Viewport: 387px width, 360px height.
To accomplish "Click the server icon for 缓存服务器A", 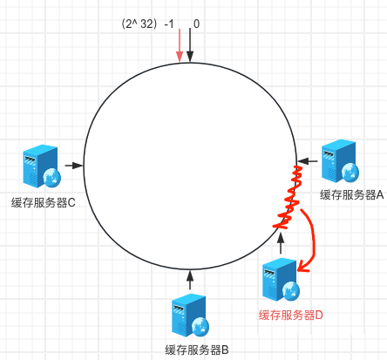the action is click(x=340, y=160).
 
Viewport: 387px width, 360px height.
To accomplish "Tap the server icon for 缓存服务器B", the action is click(x=190, y=316).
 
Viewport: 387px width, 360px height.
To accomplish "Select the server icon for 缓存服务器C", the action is click(x=42, y=166).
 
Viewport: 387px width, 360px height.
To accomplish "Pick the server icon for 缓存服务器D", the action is click(x=281, y=279).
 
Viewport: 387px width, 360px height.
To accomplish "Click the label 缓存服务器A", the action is click(x=352, y=194).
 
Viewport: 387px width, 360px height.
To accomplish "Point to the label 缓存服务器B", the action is click(x=197, y=350).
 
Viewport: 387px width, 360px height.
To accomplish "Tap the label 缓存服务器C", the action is click(x=44, y=202).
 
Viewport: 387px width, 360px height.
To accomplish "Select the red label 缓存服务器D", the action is click(x=291, y=315).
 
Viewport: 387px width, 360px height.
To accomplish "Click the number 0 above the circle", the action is click(x=197, y=24).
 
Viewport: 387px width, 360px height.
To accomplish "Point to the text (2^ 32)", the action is click(x=139, y=24).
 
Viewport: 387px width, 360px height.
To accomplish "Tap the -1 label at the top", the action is click(x=169, y=24).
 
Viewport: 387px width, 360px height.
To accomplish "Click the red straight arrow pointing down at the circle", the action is click(x=180, y=45).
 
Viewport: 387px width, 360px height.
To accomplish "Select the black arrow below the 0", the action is click(x=190, y=45).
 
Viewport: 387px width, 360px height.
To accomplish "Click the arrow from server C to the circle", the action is click(x=74, y=166).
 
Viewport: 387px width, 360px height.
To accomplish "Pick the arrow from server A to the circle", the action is click(x=307, y=160).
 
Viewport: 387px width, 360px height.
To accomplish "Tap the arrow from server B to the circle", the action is click(x=190, y=280).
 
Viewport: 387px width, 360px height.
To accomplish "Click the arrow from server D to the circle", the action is click(x=281, y=243).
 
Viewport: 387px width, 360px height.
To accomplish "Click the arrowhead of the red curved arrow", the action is click(x=303, y=266).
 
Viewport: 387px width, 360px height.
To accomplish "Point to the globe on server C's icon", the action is click(x=52, y=177).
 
